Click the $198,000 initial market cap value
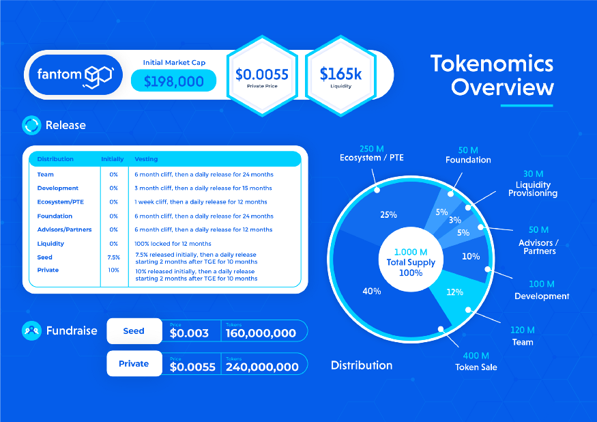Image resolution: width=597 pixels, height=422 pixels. [173, 81]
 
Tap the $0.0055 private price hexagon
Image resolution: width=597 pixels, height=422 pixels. [262, 76]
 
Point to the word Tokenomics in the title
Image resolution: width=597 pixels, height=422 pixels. [491, 64]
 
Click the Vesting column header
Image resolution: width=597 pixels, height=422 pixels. [146, 159]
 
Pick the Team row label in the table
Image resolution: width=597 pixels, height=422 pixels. [45, 174]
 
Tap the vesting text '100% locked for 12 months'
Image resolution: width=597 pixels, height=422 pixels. [173, 244]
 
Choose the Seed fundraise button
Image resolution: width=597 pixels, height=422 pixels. [134, 330]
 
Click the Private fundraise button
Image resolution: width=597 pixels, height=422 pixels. [134, 363]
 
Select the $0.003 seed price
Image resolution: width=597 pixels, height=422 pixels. [190, 333]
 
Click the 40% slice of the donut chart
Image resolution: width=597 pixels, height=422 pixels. [372, 291]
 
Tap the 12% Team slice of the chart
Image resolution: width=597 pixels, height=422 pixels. [455, 292]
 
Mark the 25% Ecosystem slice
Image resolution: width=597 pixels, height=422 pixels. [388, 214]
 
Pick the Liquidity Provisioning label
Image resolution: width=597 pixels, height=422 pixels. [533, 188]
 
